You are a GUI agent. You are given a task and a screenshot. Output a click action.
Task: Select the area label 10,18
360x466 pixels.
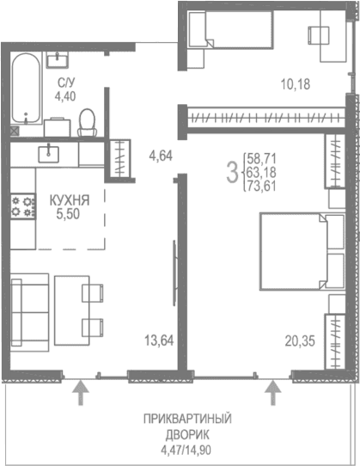tap(295, 84)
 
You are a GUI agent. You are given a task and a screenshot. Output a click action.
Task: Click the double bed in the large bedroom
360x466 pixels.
tap(294, 252)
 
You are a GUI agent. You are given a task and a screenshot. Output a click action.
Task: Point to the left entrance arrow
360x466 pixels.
tap(81, 392)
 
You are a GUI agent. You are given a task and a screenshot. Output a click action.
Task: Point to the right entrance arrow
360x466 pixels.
tap(274, 392)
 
